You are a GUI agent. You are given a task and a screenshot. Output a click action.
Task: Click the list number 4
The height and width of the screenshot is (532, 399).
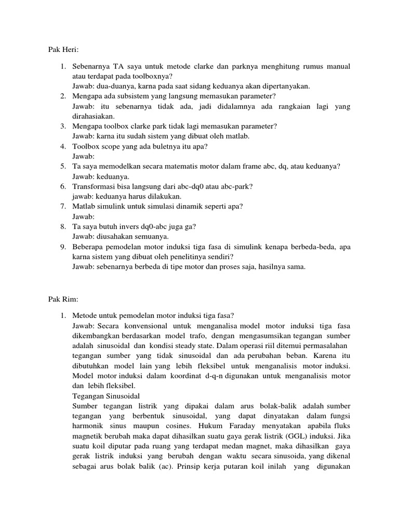(x=62, y=147)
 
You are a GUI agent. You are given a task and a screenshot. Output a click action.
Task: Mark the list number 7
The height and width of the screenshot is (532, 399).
(x=62, y=206)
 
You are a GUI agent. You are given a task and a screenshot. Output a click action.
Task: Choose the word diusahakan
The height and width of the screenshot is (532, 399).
(x=116, y=236)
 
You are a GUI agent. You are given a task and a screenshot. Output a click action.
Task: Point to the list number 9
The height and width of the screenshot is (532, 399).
(x=62, y=247)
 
